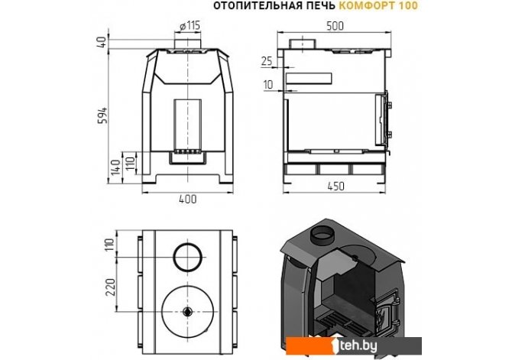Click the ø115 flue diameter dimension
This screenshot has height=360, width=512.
[190, 25]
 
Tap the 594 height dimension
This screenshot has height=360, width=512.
[103, 115]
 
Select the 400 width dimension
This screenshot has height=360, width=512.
[188, 199]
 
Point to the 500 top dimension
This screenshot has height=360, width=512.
[335, 26]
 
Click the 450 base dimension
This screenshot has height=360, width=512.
[335, 186]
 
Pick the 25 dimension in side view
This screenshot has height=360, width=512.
[267, 61]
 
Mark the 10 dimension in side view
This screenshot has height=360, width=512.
[267, 85]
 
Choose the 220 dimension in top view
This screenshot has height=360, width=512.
[112, 287]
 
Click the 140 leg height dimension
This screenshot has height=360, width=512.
[115, 167]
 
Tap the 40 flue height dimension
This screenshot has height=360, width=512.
[102, 42]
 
